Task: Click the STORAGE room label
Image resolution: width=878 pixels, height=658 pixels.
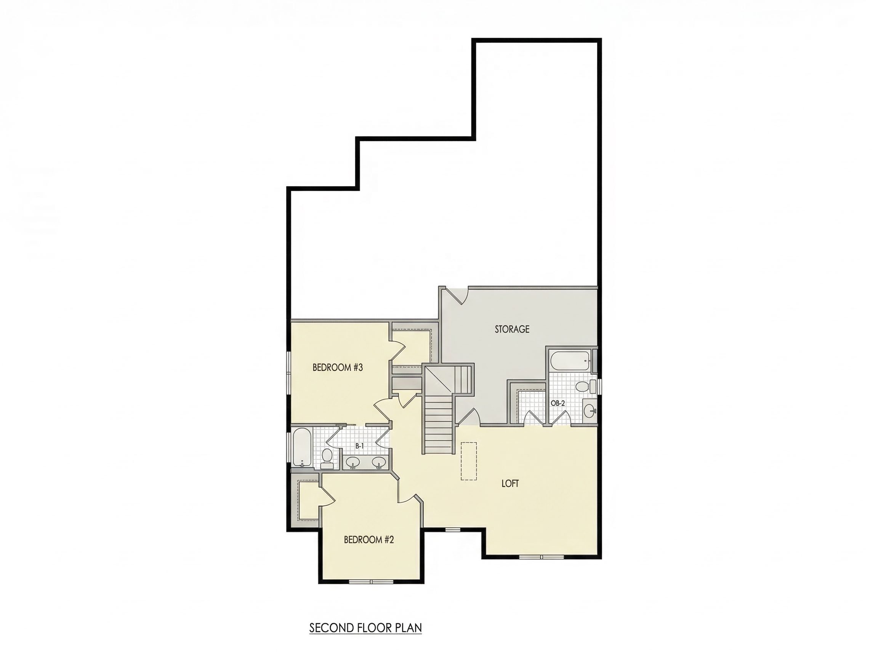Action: tap(512, 329)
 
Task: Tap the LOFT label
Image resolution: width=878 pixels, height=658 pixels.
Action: tap(510, 484)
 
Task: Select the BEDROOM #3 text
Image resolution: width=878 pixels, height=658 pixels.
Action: tap(337, 367)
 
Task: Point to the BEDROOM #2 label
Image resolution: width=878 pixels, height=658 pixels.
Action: tap(369, 540)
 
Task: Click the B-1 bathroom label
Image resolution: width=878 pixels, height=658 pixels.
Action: tap(360, 446)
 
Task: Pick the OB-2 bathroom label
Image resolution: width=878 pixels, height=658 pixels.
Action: tap(557, 403)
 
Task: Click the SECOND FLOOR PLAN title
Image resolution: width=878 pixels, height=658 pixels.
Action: tap(365, 628)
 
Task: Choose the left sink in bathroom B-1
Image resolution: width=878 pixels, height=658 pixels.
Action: tap(353, 462)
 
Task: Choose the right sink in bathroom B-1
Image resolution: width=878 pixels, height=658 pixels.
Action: tap(379, 462)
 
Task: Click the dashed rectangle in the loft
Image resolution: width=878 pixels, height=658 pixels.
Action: tap(469, 461)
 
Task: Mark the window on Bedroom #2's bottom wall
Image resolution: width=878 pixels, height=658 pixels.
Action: tap(371, 582)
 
